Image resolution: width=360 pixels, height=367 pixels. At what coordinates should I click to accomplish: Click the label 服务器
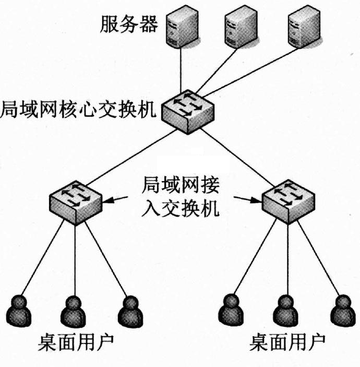pyautogui.click(x=128, y=24)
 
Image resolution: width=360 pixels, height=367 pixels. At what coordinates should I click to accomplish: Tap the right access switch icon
pyautogui.click(x=286, y=200)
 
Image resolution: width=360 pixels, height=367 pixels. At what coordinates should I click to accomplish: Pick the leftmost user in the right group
pyautogui.click(x=231, y=310)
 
